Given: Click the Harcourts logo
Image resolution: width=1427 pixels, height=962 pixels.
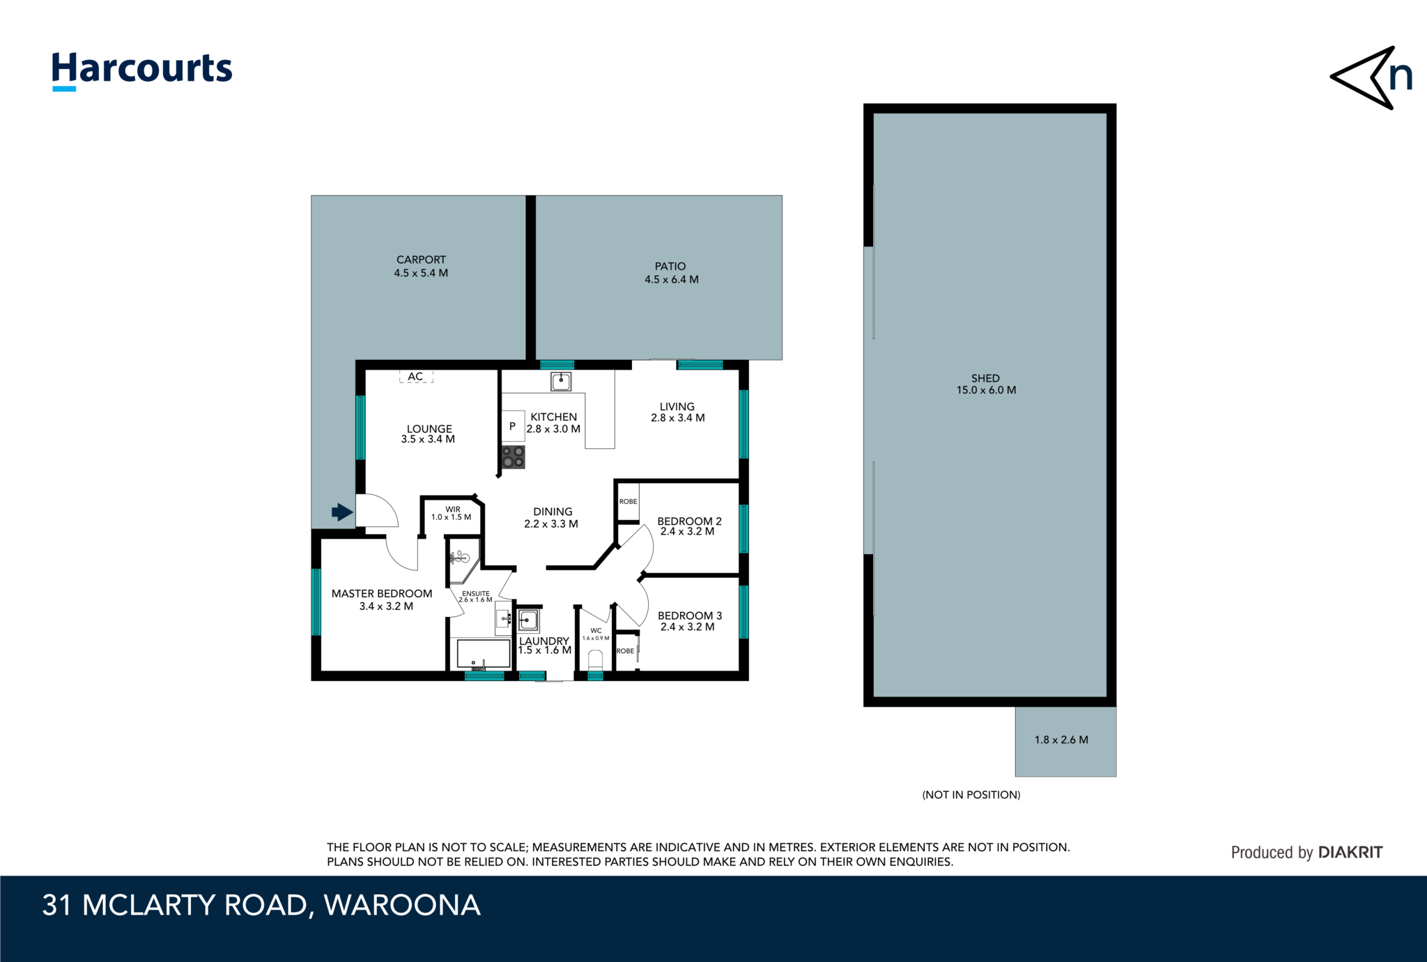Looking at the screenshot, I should (x=141, y=70).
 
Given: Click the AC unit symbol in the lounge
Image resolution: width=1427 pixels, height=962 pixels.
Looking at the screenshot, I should (x=416, y=376).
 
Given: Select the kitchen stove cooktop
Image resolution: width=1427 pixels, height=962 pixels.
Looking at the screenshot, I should (x=513, y=457).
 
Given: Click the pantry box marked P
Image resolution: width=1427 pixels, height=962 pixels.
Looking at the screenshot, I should (x=513, y=426).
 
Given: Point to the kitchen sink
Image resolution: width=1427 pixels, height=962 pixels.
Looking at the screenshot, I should (x=561, y=381).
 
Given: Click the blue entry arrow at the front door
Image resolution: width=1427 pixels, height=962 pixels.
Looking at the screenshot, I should (x=341, y=512).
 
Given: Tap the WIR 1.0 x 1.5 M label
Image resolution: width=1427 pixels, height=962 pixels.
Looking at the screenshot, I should (x=452, y=514).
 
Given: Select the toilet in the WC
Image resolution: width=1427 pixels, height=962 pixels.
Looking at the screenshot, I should (x=595, y=659).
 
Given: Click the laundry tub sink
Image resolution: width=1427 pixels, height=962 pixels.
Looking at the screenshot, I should (x=527, y=620).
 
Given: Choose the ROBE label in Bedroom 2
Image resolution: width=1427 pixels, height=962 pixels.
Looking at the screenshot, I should (x=628, y=501).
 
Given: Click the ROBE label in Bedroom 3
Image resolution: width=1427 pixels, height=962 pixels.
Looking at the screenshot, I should (x=625, y=651).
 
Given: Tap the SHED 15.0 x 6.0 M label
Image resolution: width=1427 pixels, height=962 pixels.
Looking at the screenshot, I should (x=985, y=384).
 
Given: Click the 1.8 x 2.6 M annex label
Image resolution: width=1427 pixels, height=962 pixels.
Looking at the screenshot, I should (x=1060, y=740).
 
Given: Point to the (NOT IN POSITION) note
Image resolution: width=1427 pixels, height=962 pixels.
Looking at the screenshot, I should (x=971, y=795).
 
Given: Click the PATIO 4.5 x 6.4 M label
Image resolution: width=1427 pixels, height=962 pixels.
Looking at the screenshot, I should (x=671, y=273).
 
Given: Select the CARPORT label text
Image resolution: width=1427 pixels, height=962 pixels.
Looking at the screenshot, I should (x=421, y=259).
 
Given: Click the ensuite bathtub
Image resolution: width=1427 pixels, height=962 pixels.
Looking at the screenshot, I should (x=483, y=654).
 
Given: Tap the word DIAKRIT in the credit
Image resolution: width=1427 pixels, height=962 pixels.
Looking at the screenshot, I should (x=1350, y=852).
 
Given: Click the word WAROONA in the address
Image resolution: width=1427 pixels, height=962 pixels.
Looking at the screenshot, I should (x=402, y=906).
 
